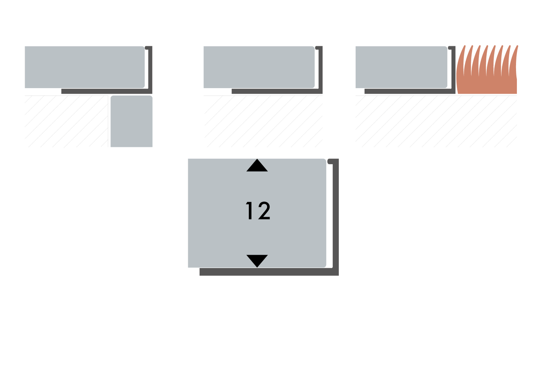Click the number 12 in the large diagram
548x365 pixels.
258,211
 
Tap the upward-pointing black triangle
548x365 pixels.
257,166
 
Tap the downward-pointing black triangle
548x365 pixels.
257,261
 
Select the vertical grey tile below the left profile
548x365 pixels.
132,121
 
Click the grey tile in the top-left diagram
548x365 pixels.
84,67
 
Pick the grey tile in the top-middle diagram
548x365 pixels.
259,67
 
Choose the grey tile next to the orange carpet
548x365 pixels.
401,67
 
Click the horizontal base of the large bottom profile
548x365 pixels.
269,272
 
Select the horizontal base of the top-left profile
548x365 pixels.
107,91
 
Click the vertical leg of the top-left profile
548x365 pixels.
150,70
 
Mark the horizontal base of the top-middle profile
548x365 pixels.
277,91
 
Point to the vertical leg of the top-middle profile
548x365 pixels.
321,70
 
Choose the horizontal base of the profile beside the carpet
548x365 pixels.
410,91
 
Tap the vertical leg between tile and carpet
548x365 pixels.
453,70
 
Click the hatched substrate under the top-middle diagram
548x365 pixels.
263,121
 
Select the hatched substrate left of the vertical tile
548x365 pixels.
66,121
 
